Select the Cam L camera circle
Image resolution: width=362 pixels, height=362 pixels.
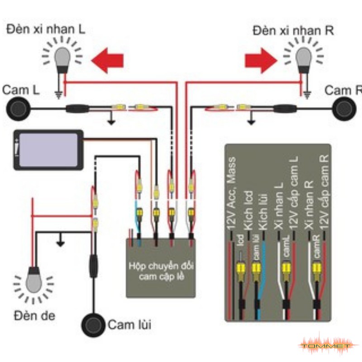[18, 109]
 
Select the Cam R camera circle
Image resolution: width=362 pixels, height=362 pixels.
[345, 109]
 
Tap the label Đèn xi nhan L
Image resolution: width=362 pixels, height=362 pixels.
[46, 30]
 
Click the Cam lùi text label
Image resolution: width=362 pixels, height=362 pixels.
[129, 324]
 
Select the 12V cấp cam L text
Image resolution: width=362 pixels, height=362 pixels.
[294, 190]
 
